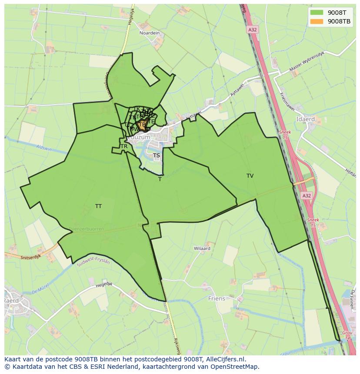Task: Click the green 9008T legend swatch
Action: [317, 12]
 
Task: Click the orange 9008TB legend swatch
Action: [317, 21]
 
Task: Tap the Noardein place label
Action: [150, 33]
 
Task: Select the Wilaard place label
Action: [202, 248]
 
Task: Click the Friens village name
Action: [217, 298]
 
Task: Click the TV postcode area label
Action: [250, 176]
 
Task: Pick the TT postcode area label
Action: [98, 206]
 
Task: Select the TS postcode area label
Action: [157, 156]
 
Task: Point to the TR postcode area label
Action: [124, 146]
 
